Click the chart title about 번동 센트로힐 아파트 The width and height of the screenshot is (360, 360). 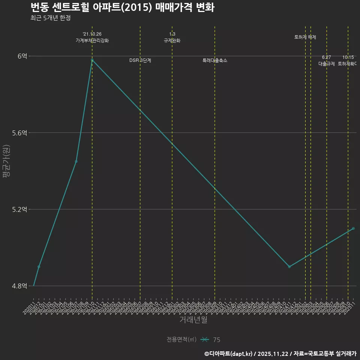122,7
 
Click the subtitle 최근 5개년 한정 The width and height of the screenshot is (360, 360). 50,18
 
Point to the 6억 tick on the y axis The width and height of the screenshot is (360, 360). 22,56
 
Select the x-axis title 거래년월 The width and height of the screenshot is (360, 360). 193,319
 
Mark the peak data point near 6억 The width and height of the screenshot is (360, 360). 92,60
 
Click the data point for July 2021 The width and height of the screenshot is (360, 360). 76,161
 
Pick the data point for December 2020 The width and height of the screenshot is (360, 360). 39,267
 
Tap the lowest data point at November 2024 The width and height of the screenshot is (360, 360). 289,267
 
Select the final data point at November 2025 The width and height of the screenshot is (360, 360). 353,228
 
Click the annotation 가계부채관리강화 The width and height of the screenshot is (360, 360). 92,40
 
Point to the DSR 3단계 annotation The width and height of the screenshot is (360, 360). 140,60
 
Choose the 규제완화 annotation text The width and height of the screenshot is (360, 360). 172,40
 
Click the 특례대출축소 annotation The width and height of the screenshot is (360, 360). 215,60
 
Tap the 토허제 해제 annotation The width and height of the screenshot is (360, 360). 305,37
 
